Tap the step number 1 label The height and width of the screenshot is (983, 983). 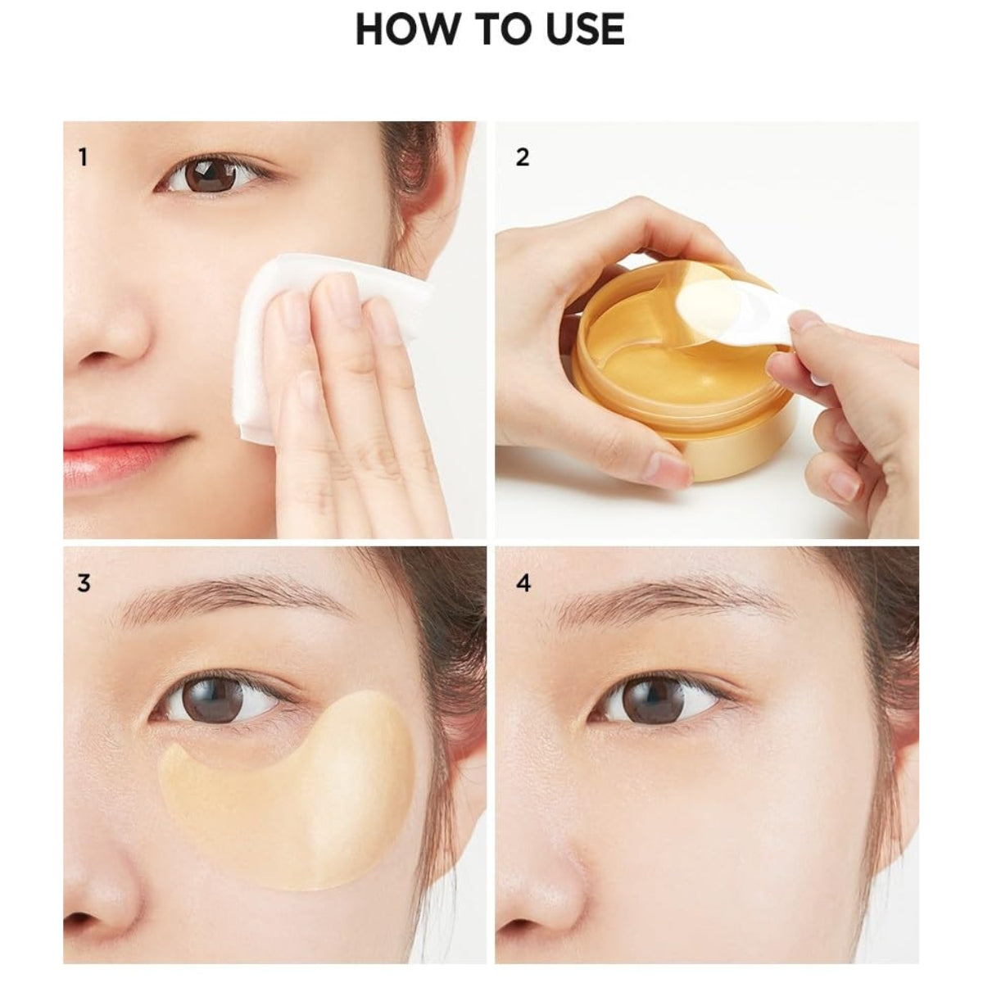(x=82, y=156)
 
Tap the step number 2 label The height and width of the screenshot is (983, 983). (x=522, y=156)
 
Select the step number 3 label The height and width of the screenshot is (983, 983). (x=84, y=583)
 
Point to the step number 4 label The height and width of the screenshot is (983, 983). (x=523, y=583)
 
